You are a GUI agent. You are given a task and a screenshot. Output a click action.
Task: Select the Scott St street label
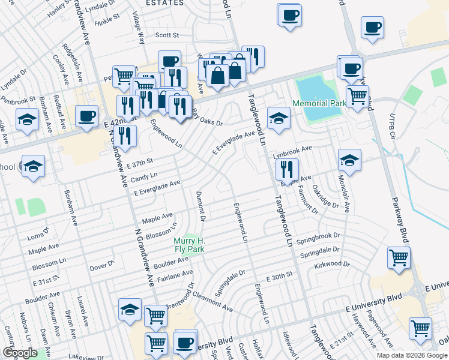click(x=167, y=35)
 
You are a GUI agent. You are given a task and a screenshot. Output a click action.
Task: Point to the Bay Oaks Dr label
click(x=208, y=118)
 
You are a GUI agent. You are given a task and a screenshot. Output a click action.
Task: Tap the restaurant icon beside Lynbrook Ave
click(x=288, y=169)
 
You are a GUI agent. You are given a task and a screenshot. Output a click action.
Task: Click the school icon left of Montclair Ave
click(x=349, y=160)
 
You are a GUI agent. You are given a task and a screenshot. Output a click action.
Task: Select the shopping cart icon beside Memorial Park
click(x=357, y=95)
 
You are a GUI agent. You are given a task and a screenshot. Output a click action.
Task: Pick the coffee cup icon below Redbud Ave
click(x=87, y=116)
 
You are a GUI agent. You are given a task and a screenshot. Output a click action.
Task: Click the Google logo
click(x=20, y=353)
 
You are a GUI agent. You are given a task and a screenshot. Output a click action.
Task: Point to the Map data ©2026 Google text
click(x=412, y=355)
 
